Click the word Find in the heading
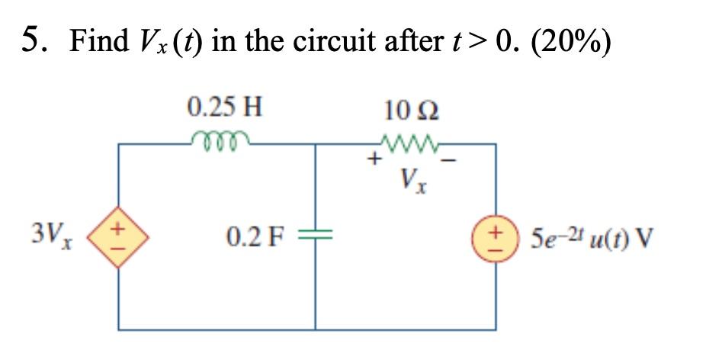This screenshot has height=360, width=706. click(x=96, y=40)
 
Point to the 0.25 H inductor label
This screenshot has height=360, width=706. click(x=224, y=106)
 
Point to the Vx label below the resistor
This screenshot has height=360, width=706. click(x=412, y=184)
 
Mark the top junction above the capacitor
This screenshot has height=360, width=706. click(x=316, y=143)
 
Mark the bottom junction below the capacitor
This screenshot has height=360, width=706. click(x=316, y=330)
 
